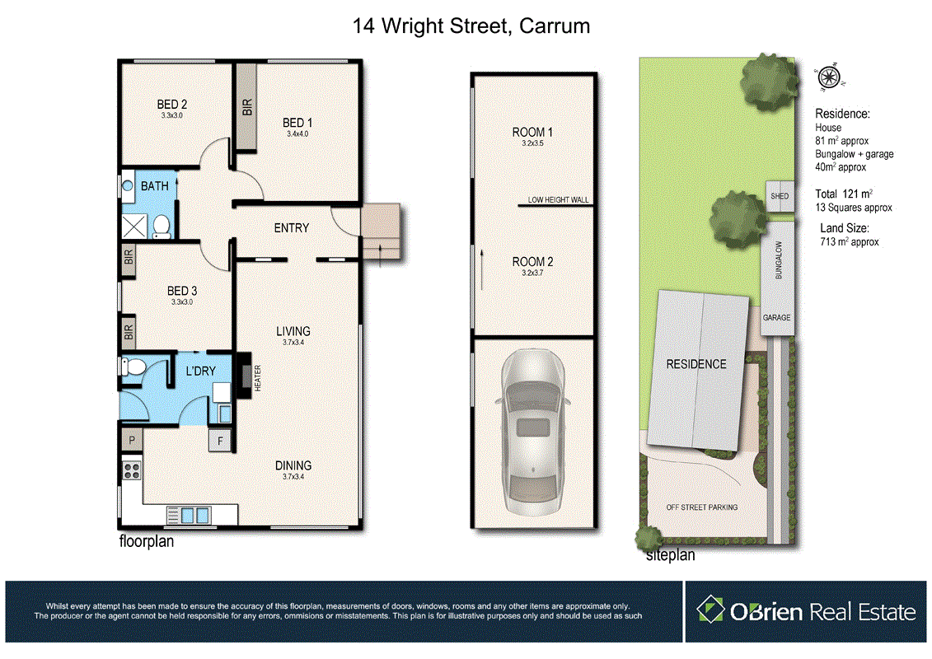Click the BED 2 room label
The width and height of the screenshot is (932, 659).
coord(172,105)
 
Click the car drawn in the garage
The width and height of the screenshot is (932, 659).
coord(532,428)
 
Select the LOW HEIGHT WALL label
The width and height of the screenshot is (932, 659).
coord(559,200)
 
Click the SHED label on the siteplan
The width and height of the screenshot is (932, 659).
coord(779,197)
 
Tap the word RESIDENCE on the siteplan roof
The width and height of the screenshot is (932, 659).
coord(696,363)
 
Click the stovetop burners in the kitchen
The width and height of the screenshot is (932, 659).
coord(131,472)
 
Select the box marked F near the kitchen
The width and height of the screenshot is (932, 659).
coord(219,442)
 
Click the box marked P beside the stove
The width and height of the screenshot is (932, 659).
coord(132,442)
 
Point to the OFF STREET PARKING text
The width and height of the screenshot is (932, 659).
coord(701,507)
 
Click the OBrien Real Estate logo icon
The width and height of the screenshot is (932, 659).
coord(710,610)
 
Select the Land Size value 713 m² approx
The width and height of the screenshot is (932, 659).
coord(850,242)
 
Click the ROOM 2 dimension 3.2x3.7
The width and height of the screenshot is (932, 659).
coord(532,273)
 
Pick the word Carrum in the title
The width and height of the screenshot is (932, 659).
coord(556,26)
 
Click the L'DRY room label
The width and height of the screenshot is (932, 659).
coord(200,372)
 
